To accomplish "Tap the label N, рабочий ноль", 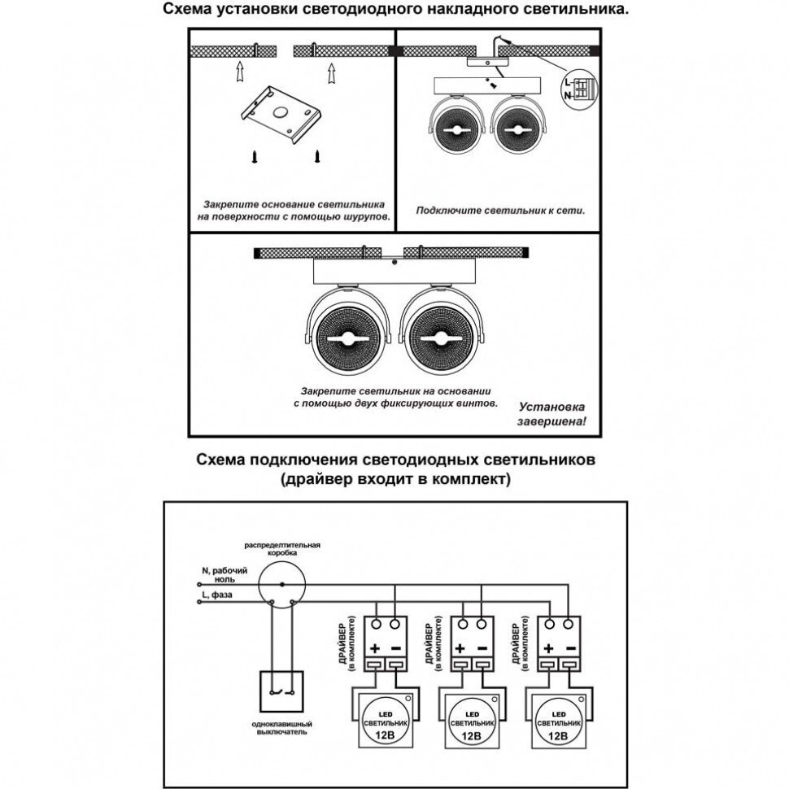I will pos(219,576).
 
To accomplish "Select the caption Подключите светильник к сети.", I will pos(500,211).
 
